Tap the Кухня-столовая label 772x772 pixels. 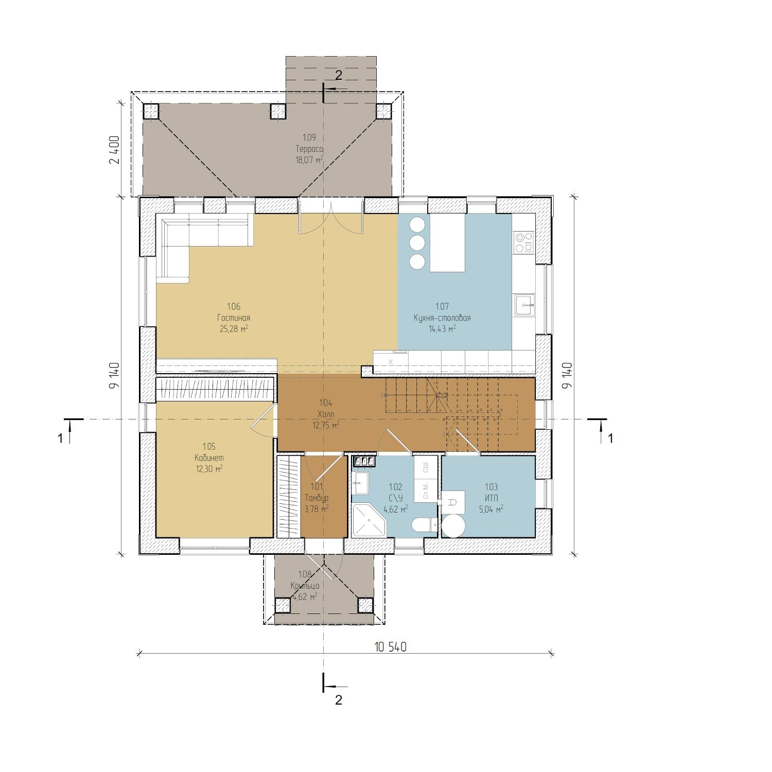click(x=442, y=318)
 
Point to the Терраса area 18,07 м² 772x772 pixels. click(x=309, y=160)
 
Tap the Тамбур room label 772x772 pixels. click(x=316, y=498)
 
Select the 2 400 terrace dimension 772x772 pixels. click(x=114, y=150)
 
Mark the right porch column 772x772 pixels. click(x=365, y=605)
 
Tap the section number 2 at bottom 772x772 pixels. click(x=338, y=700)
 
